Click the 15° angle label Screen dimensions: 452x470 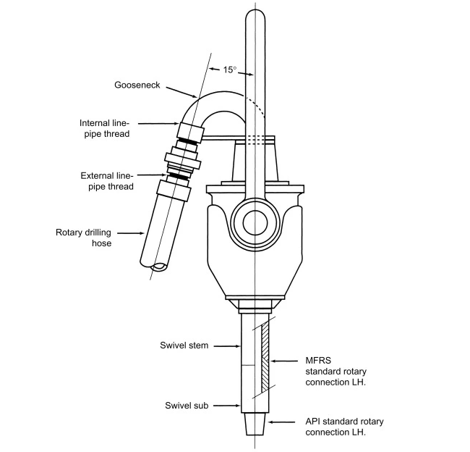(x=228, y=70)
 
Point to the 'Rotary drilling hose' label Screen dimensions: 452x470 (x=84, y=238)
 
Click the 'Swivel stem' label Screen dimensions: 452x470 (x=184, y=346)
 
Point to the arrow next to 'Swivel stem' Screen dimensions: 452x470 (x=226, y=346)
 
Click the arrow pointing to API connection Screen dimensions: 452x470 (x=281, y=422)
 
